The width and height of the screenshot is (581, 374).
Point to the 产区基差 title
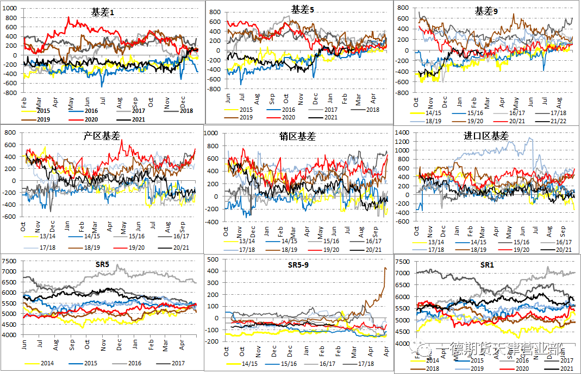(x=104, y=136)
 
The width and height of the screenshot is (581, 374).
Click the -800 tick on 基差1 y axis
(x=9, y=93)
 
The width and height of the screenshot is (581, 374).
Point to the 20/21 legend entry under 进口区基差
(x=564, y=249)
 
